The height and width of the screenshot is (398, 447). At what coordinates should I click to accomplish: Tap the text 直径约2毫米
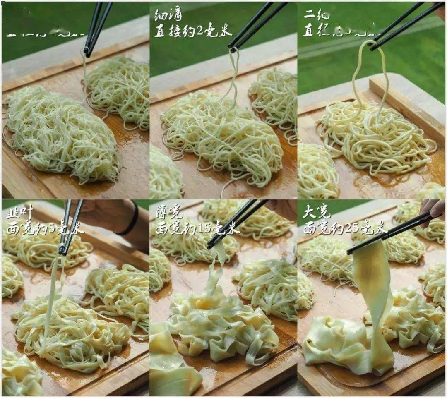[x=193, y=31]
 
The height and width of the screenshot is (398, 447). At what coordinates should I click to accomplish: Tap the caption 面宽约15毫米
[x=197, y=228]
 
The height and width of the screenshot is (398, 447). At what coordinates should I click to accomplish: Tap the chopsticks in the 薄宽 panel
[x=236, y=223]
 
